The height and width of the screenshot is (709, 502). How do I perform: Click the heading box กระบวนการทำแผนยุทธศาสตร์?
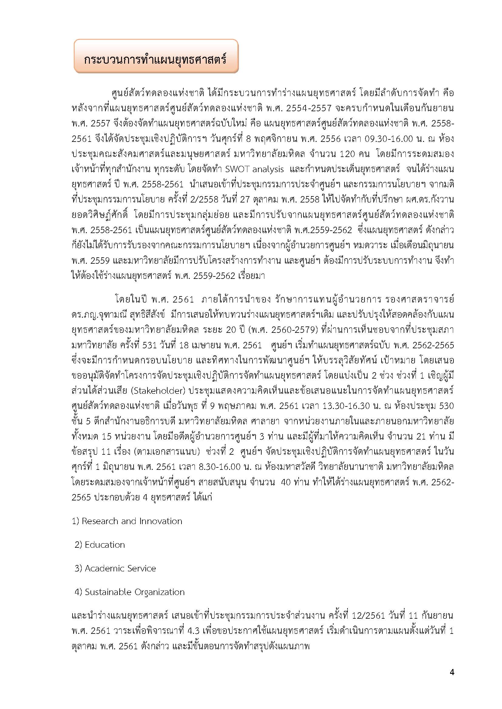pyautogui.click(x=156, y=56)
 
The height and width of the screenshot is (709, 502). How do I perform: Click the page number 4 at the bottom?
pyautogui.click(x=452, y=672)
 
